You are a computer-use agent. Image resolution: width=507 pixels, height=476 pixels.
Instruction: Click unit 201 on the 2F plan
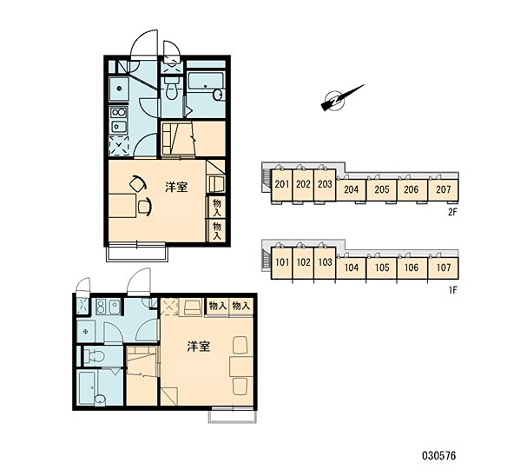tap(282, 185)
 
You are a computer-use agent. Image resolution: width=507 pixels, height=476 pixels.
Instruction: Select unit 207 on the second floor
tap(443, 189)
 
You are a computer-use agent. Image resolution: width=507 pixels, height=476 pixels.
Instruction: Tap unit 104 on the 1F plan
tap(351, 268)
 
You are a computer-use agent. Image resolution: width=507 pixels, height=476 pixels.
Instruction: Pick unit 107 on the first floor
tap(444, 268)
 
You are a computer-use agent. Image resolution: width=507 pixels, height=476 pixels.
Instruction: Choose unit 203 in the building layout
tap(325, 185)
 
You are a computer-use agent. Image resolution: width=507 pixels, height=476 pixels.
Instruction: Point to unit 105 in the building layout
tap(382, 268)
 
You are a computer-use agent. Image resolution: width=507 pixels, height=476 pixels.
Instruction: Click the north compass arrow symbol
tap(342, 98)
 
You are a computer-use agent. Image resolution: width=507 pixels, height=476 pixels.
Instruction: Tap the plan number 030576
tap(438, 456)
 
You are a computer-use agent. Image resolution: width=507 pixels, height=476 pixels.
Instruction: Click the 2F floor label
tap(452, 212)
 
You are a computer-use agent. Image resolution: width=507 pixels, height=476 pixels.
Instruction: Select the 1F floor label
tap(452, 290)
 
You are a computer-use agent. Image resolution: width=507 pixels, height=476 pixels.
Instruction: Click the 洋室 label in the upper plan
tap(176, 187)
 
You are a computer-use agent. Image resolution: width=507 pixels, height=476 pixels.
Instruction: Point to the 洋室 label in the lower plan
tap(199, 347)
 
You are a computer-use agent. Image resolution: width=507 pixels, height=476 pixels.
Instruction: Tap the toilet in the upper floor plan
tap(171, 89)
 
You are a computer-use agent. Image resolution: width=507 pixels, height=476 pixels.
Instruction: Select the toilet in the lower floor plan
tap(94, 357)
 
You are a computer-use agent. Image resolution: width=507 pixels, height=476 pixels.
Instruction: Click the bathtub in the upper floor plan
tap(206, 81)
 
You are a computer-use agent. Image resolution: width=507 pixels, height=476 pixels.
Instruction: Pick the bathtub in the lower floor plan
tap(87, 387)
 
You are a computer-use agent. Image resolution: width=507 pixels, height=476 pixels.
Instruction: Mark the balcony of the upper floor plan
tap(137, 251)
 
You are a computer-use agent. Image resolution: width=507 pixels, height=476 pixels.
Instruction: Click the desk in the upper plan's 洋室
tap(122, 206)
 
